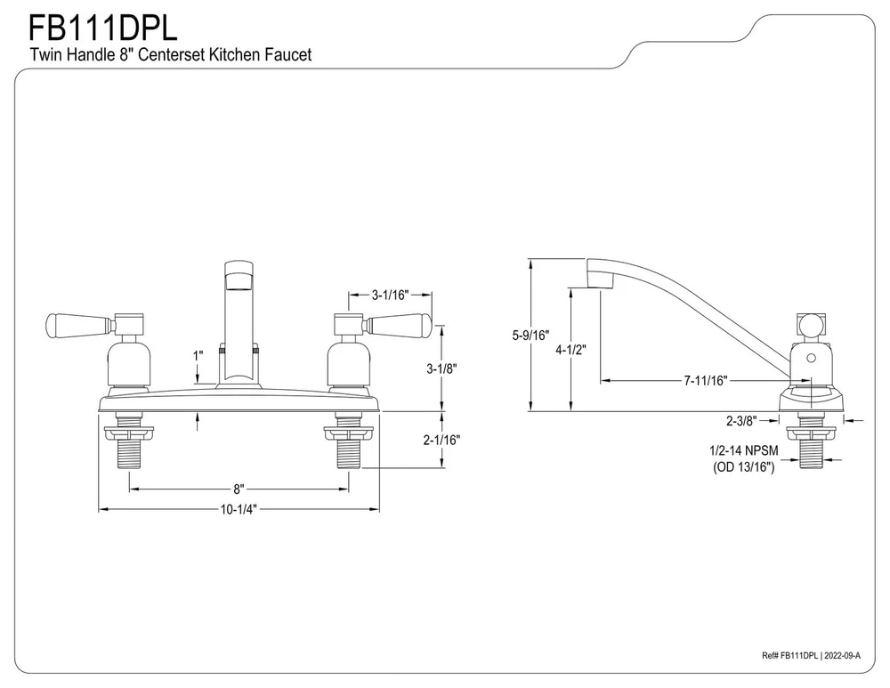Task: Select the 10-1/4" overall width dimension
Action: point(239,509)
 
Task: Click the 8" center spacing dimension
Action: point(239,489)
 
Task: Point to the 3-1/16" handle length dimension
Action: point(390,295)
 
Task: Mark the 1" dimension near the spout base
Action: point(198,354)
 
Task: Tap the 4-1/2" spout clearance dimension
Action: point(570,350)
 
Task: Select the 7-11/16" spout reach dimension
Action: point(706,381)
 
